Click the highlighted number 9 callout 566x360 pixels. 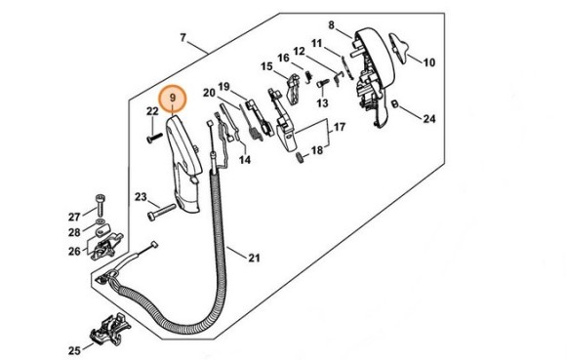172,98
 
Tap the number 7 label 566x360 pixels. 183,37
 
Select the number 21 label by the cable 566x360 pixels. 254,258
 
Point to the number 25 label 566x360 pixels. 75,350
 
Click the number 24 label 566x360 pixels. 429,118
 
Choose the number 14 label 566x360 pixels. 245,159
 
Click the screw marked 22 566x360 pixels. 155,138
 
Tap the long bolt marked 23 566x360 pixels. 161,212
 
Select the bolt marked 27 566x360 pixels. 101,205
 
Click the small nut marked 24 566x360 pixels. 394,103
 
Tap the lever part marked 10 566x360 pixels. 398,47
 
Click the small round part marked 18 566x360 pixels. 300,158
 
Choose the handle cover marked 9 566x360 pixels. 183,163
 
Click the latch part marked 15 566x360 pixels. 294,89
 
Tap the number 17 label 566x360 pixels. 340,127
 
